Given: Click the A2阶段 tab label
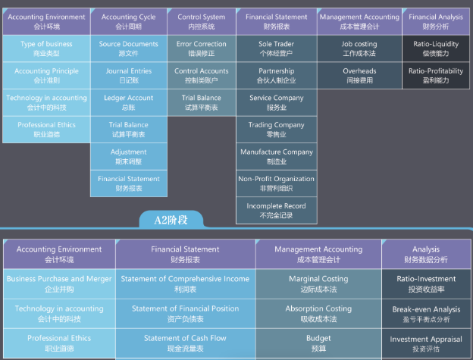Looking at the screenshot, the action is click(171, 220).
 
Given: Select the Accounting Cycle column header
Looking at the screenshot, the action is click(129, 21).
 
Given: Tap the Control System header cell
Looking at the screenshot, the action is click(201, 21).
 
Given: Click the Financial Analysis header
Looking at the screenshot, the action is click(436, 21).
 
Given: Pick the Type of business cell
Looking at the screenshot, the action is click(46, 49).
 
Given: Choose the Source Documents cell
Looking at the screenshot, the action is click(129, 49).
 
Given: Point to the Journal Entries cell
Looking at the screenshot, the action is click(129, 75).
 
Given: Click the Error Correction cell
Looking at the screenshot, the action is click(201, 49).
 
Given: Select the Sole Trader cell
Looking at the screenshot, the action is click(277, 49).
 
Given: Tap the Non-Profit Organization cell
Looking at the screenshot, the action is click(277, 183).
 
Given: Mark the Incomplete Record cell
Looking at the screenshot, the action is click(277, 211).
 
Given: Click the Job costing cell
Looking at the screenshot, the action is click(359, 49).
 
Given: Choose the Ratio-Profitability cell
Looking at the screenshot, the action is click(436, 75).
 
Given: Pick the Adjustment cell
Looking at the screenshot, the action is click(129, 156).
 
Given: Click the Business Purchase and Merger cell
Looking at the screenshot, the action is click(59, 283).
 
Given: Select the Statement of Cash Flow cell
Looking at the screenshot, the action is click(185, 343).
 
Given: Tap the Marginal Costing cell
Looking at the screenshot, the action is click(318, 283).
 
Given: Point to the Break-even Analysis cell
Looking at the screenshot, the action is click(426, 314).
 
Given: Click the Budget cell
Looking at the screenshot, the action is click(318, 343).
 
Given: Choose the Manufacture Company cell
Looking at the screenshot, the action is click(277, 156).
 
